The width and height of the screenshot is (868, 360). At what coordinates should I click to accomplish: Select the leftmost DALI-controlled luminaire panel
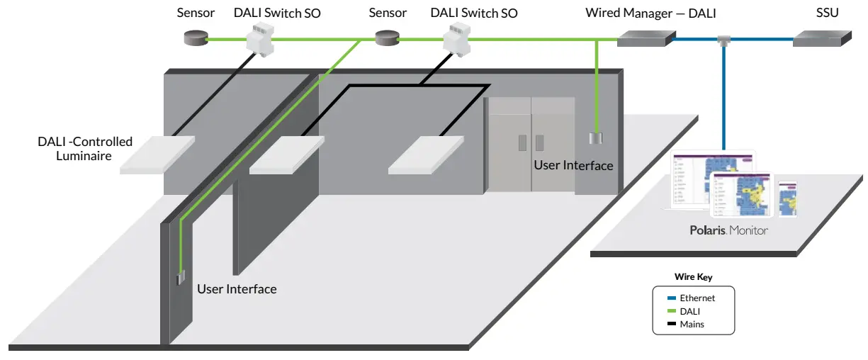coord(157,154)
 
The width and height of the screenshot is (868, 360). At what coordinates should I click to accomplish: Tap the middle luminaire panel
coord(286,154)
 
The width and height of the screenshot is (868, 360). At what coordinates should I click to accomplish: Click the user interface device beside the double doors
coord(596,138)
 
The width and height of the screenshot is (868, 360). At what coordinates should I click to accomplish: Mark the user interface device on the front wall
coord(181,277)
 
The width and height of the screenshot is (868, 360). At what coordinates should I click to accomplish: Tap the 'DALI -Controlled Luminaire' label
coord(84,148)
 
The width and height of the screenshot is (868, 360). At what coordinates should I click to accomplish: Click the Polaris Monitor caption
coord(729,230)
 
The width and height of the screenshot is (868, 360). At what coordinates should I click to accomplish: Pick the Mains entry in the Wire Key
coord(692,324)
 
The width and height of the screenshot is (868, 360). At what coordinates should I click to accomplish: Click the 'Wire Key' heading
coord(693,277)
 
